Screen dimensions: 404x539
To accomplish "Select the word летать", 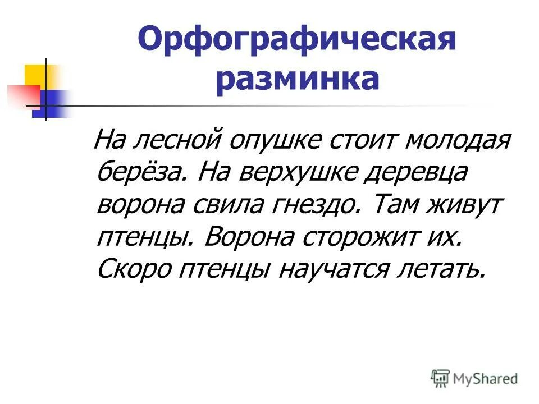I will pos(440,269).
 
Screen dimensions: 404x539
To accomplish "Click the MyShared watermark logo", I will pos(474,379).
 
